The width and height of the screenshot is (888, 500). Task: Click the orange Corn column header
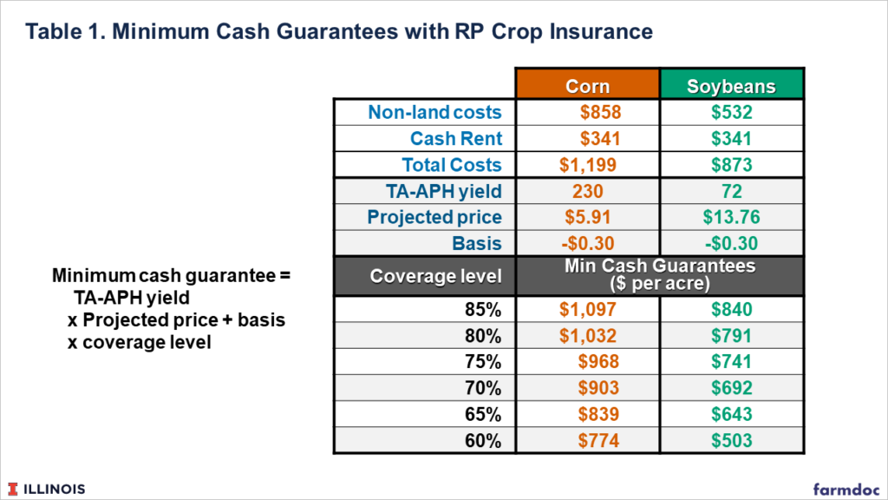click(587, 86)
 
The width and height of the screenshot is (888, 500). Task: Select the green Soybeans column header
click(731, 86)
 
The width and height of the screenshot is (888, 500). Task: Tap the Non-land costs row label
click(434, 113)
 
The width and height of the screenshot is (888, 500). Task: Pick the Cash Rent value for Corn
click(600, 139)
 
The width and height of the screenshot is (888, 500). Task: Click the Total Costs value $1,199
click(587, 165)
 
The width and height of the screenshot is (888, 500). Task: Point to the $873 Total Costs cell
click(731, 165)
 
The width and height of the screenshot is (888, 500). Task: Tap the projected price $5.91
click(587, 217)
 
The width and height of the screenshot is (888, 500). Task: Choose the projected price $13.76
click(731, 217)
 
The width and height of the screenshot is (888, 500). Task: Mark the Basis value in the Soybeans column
click(731, 243)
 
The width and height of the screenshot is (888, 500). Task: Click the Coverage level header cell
click(435, 276)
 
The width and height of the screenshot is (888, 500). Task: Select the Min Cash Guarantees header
click(659, 275)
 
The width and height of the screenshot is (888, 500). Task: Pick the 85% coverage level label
click(483, 309)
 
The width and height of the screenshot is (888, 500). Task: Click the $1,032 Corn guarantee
click(587, 335)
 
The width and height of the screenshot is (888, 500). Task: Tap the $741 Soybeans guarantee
click(731, 361)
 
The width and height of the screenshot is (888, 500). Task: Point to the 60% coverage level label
click(483, 440)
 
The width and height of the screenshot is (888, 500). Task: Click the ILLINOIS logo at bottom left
click(49, 489)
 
